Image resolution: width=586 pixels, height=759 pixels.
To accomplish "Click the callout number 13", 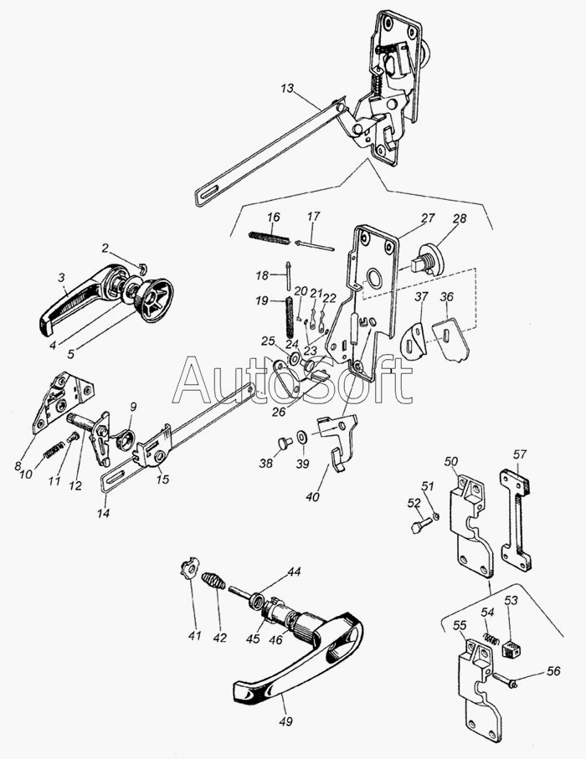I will pos(286,88).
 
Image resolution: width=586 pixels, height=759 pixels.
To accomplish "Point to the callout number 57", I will pos(521,454).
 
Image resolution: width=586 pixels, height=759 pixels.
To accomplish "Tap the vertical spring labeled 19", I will pos(290,315).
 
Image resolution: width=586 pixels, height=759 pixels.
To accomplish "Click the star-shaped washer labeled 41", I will pos(186,571).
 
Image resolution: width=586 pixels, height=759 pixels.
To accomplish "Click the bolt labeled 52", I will pos(422,527).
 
